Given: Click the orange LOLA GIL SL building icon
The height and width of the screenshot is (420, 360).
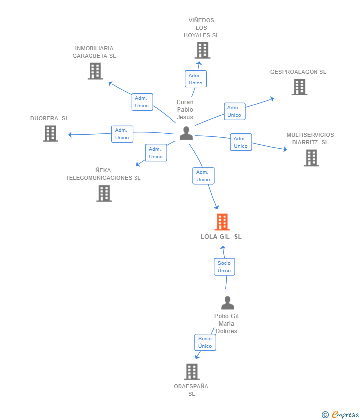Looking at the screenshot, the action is [x=222, y=222].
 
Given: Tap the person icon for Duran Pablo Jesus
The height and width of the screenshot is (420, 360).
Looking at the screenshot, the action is [x=186, y=133].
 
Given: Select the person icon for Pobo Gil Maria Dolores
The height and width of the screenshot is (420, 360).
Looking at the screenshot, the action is [x=227, y=303].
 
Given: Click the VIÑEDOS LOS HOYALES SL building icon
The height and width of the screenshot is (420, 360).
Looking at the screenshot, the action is [x=202, y=50].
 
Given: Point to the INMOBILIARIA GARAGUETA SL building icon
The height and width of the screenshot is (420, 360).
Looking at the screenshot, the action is [x=95, y=71].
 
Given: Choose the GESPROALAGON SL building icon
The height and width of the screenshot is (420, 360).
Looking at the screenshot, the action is [x=299, y=87].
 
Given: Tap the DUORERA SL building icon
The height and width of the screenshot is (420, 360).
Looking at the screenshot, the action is [x=50, y=133].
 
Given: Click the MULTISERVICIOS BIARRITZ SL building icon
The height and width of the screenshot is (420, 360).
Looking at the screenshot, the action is [x=312, y=158].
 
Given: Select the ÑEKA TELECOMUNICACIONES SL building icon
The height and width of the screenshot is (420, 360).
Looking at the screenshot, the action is [x=104, y=193].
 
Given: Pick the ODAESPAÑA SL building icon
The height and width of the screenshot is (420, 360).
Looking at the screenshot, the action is [x=192, y=372].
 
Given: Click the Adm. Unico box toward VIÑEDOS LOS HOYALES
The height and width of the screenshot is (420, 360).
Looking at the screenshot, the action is [x=196, y=79].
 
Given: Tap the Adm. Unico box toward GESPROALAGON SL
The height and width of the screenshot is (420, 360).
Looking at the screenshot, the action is [x=234, y=111].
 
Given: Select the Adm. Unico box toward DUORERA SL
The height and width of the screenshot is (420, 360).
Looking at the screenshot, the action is [x=122, y=134].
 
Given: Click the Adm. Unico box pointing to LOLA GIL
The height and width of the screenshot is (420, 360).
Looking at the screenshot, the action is [x=203, y=176].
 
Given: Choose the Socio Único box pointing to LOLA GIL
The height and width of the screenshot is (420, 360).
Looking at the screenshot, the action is [x=225, y=267].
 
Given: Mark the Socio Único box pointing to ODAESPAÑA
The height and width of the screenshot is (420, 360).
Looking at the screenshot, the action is [x=205, y=342].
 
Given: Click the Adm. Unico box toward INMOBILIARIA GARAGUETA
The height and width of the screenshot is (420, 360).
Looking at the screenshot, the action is [x=142, y=102].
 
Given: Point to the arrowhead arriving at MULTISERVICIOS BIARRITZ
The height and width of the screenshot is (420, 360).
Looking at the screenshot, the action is [x=285, y=149].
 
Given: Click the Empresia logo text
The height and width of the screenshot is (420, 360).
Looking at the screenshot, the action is [x=345, y=414].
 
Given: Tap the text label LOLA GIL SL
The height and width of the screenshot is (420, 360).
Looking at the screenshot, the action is [x=221, y=237].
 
